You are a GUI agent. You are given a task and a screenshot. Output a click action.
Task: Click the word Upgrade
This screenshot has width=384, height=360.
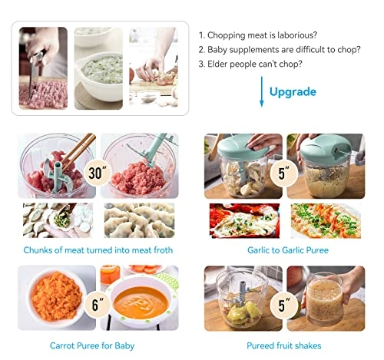293,92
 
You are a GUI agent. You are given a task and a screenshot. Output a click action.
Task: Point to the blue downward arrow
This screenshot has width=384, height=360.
262,91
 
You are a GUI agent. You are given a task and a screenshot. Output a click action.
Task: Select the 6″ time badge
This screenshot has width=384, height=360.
97,304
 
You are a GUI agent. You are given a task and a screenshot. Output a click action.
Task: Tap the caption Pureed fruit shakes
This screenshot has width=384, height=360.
284,346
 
